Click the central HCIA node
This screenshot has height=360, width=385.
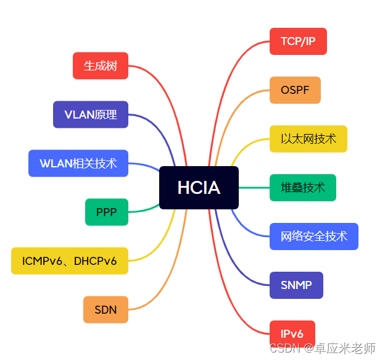199,188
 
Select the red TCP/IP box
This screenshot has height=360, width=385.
298,41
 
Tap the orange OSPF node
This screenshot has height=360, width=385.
295,90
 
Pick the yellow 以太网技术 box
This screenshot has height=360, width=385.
308,139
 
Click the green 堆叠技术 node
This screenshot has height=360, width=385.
303,188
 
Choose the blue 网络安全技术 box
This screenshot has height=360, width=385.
314,237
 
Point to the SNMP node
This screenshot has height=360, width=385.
296,285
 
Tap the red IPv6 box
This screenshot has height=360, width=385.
292,334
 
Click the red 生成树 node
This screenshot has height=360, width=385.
101,66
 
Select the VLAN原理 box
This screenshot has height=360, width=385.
91,115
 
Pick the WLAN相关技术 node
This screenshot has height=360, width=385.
78,164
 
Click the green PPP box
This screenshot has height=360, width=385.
107,212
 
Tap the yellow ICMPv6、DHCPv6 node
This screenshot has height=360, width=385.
70,261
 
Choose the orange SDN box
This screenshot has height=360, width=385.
106,310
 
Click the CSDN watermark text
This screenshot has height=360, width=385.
323,349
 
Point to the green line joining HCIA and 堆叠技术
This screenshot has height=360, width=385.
254,188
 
